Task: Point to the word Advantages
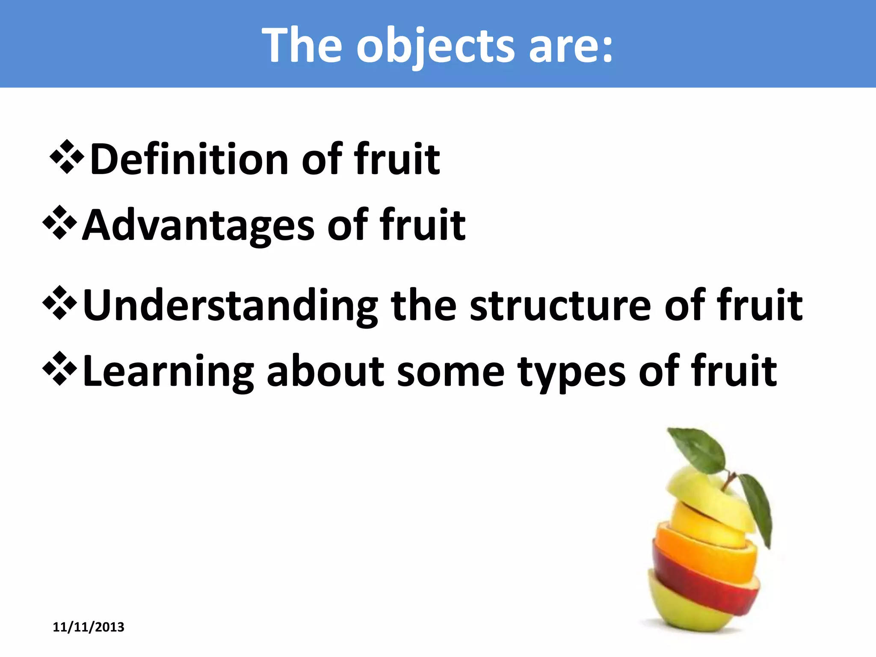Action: point(198,225)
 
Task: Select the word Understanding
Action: point(230,305)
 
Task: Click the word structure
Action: point(560,305)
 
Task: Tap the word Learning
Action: point(168,371)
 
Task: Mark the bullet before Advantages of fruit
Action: point(60,223)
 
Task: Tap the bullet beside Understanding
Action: point(60,303)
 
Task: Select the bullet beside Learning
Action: point(60,369)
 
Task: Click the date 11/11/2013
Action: point(89,627)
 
